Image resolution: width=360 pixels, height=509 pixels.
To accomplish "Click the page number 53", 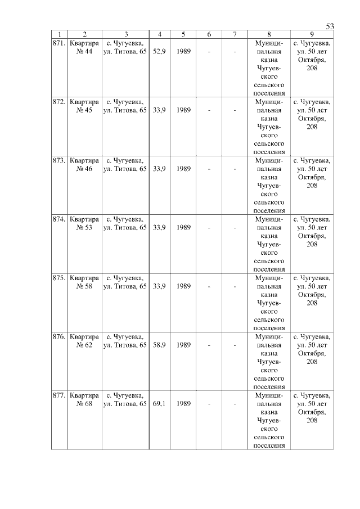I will click(330, 26).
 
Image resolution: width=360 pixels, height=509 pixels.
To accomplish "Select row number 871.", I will click(59, 43).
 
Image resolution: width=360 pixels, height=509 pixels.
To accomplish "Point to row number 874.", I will click(59, 219).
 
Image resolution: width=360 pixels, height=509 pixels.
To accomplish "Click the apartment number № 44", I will click(84, 51).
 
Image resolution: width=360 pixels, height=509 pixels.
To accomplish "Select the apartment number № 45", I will click(84, 110).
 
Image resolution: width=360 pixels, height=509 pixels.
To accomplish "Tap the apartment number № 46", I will click(84, 169).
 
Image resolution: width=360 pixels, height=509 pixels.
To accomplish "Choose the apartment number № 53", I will click(84, 228).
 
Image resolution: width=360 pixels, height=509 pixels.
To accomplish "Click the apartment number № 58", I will click(84, 286).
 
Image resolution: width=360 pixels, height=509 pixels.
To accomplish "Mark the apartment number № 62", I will click(84, 345).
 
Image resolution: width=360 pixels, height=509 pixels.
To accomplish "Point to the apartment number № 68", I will click(84, 404).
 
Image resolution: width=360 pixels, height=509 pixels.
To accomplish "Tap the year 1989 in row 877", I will click(183, 404).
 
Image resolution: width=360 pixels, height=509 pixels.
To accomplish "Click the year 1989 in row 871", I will click(183, 51).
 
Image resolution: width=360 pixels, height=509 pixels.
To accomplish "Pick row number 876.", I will click(59, 336).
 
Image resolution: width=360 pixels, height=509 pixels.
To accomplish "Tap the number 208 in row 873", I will click(312, 186).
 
